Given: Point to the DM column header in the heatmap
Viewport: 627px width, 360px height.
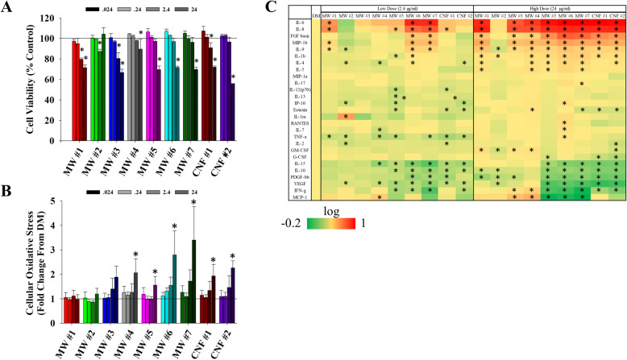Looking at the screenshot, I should click(x=317, y=15).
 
